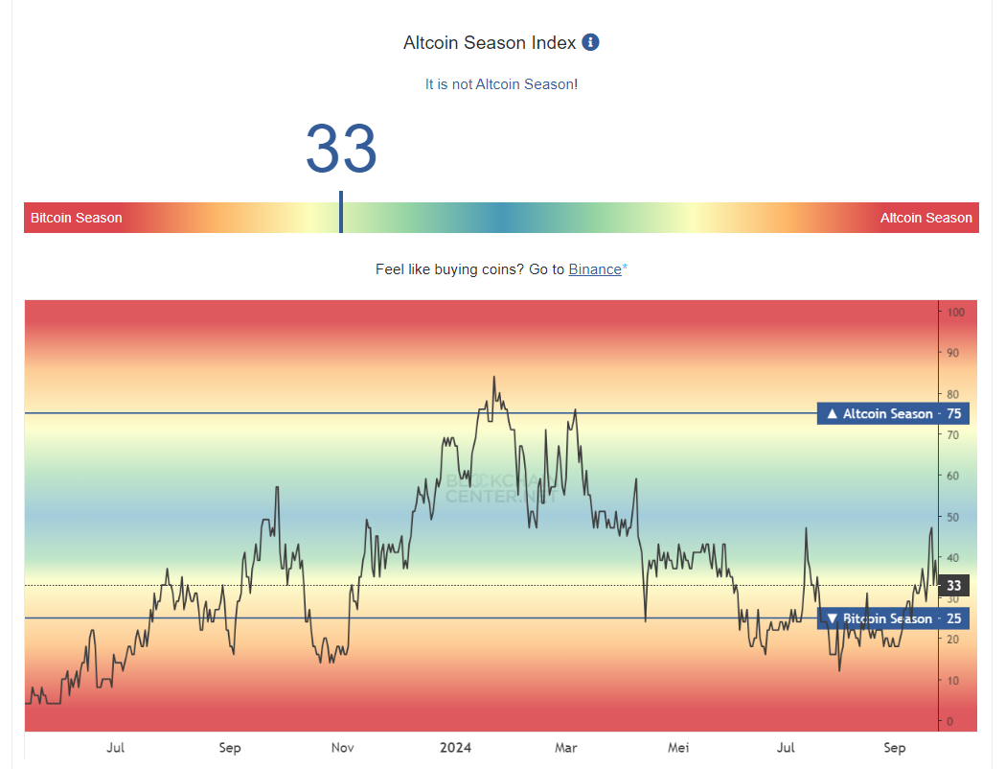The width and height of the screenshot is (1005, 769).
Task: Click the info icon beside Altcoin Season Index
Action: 591,42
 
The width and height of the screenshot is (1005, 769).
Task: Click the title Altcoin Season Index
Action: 490,43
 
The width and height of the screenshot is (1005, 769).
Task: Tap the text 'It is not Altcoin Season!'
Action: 501,84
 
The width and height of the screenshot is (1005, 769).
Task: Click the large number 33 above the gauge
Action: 341,150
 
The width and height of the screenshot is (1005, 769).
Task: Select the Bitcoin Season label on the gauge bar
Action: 77,218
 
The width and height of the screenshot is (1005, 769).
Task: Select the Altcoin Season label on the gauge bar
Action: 925,218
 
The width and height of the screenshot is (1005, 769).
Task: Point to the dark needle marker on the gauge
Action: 341,212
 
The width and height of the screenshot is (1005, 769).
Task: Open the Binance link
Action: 595,269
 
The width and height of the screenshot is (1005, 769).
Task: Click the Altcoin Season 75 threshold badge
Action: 893,413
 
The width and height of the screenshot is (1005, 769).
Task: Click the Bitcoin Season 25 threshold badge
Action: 893,618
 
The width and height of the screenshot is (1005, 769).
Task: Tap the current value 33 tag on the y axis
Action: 954,585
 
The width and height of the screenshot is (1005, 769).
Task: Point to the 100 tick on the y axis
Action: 955,313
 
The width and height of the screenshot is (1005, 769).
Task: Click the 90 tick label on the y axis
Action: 954,353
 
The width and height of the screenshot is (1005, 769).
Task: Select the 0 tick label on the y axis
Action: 950,721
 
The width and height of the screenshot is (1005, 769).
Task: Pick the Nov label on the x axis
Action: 343,748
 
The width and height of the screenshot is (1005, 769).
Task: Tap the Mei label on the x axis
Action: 678,748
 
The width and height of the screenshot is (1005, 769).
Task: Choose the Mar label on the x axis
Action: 566,748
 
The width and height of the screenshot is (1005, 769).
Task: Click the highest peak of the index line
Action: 494,378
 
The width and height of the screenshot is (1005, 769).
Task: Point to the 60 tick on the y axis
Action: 954,476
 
